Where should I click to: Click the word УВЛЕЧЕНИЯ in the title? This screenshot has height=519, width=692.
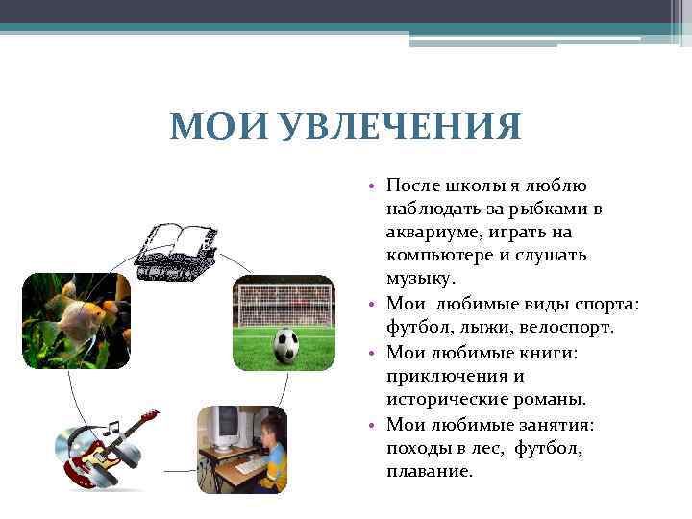click(403, 127)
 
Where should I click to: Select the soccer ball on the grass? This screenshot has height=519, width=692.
click(285, 345)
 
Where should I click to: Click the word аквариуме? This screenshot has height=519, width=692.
click(429, 232)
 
